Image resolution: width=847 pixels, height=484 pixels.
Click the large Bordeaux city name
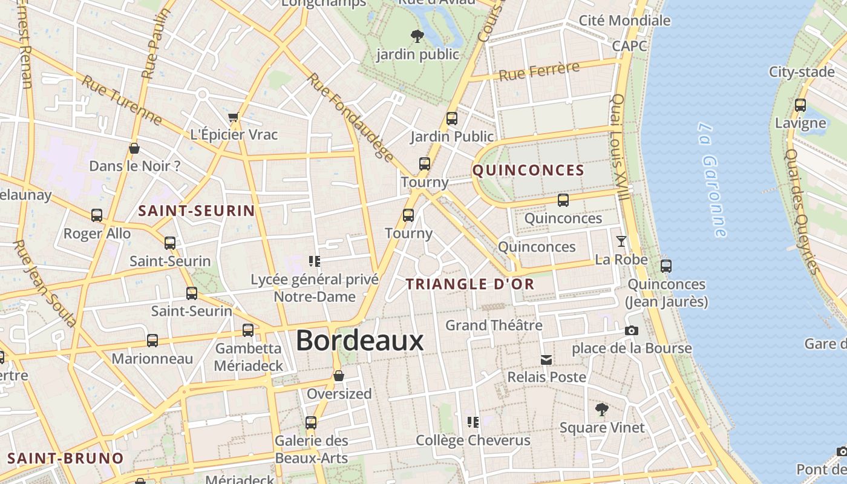pyautogui.click(x=359, y=341)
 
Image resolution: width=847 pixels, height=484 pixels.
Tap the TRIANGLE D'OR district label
pyautogui.click(x=470, y=284)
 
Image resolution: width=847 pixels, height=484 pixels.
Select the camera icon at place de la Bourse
pyautogui.click(x=631, y=330)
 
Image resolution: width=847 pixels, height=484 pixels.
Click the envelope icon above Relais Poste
pyautogui.click(x=546, y=360)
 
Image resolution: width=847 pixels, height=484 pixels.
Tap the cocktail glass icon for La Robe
pyautogui.click(x=621, y=242)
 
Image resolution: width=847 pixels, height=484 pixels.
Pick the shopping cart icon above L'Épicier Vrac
pyautogui.click(x=234, y=117)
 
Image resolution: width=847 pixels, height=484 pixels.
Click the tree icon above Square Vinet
pyautogui.click(x=601, y=410)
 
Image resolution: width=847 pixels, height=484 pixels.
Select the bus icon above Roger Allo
pyautogui.click(x=97, y=215)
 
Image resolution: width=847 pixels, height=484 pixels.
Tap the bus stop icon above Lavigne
pyautogui.click(x=800, y=105)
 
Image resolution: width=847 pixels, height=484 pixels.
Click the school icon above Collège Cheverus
pyautogui.click(x=473, y=422)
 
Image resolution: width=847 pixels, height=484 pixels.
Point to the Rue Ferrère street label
pyautogui.click(x=539, y=71)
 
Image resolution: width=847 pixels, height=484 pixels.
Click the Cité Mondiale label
pyautogui.click(x=624, y=21)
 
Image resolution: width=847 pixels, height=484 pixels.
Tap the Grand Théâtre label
pyautogui.click(x=494, y=325)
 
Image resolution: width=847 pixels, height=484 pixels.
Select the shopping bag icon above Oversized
pyautogui.click(x=339, y=376)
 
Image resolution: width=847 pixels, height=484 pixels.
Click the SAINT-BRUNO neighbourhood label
pyautogui.click(x=65, y=458)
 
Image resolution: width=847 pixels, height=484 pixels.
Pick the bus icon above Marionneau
pyautogui.click(x=152, y=341)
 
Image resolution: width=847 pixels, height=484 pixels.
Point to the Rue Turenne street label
pyautogui.click(x=122, y=100)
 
